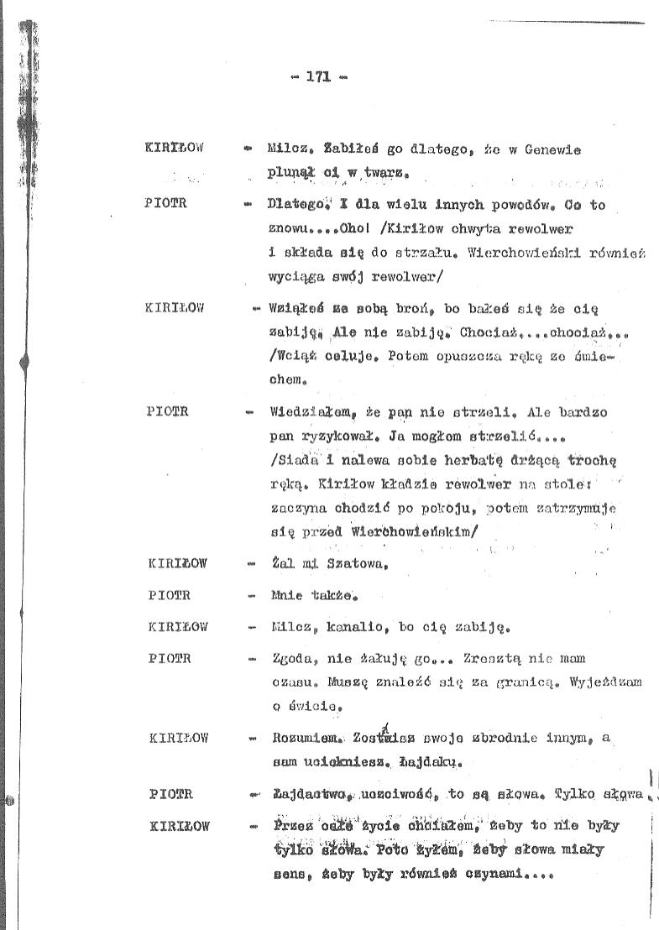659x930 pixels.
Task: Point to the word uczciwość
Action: [393, 793]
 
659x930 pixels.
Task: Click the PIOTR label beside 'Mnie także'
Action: [169, 595]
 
